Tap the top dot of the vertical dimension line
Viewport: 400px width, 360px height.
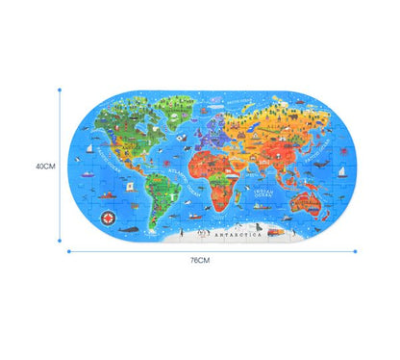61,89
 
